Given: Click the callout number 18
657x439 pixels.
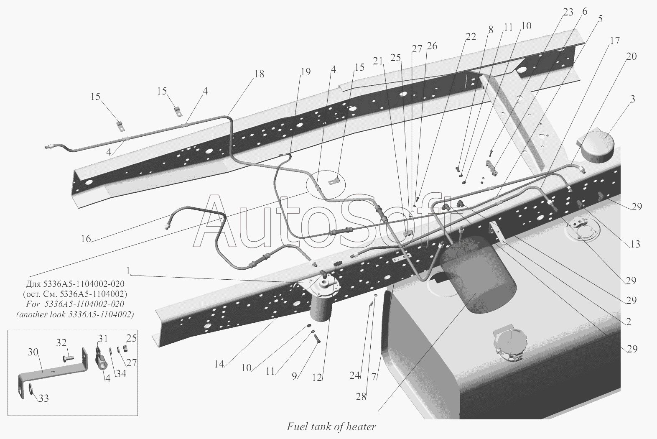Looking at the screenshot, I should [259, 74].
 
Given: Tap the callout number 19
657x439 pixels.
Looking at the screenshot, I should [306, 71].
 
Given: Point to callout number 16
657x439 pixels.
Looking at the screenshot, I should [85, 239].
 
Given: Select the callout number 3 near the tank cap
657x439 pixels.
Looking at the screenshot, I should [633, 99].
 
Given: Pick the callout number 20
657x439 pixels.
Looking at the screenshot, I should [631, 56].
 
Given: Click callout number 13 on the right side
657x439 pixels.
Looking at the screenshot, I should [635, 244].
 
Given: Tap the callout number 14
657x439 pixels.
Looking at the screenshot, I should [219, 364].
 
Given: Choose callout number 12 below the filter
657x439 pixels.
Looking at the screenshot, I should [317, 378].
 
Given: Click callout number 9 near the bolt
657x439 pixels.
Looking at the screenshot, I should [295, 376].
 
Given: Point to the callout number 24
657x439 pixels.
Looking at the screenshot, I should [354, 375].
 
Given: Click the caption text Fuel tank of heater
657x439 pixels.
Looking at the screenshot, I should [331, 427].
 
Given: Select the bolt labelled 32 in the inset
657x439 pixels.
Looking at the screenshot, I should [67, 358].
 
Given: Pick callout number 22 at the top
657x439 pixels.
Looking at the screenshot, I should [471, 37].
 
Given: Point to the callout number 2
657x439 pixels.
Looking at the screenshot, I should [628, 322].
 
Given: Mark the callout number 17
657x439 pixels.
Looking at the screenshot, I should [614, 41].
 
